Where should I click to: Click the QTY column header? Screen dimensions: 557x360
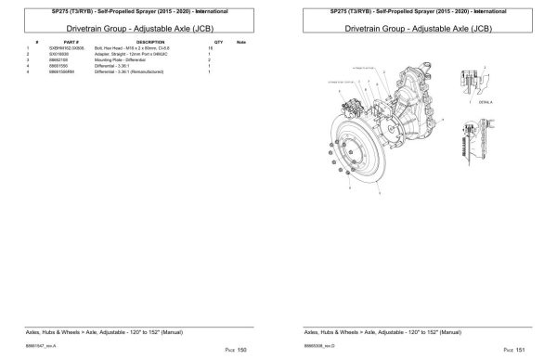click(218, 43)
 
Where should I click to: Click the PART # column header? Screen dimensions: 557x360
click(71, 43)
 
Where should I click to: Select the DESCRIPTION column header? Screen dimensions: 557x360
click(150, 43)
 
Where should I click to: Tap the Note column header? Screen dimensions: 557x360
click(240, 43)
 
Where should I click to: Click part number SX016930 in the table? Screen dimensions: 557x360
click(72, 54)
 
